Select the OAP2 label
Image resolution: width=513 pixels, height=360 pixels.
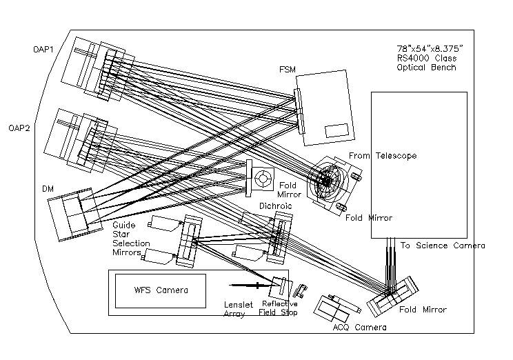(x=20, y=128)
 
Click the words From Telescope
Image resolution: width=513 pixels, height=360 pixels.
(x=383, y=157)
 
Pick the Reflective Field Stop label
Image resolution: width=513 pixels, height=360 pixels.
(x=279, y=308)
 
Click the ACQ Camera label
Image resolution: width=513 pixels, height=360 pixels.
(x=359, y=327)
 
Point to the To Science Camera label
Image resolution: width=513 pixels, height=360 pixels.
(x=443, y=246)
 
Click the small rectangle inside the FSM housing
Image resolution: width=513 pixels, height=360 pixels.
(x=336, y=129)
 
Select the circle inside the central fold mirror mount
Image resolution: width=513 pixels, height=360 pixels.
(x=263, y=178)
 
